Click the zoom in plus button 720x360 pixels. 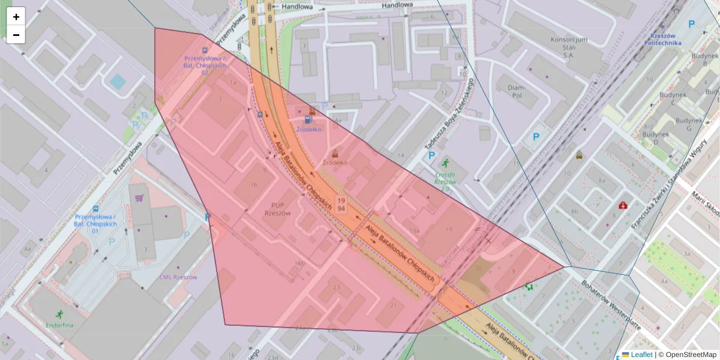16,17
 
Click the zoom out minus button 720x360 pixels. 16,35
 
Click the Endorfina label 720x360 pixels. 59,325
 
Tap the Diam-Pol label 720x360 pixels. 516,91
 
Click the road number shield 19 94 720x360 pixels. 341,204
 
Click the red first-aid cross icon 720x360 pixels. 623,206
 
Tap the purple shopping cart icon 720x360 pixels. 139,198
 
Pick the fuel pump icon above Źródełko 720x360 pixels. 308,119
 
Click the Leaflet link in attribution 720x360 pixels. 641,355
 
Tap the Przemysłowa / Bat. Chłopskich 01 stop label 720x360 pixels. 95,220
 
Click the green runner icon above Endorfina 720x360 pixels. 59,314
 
